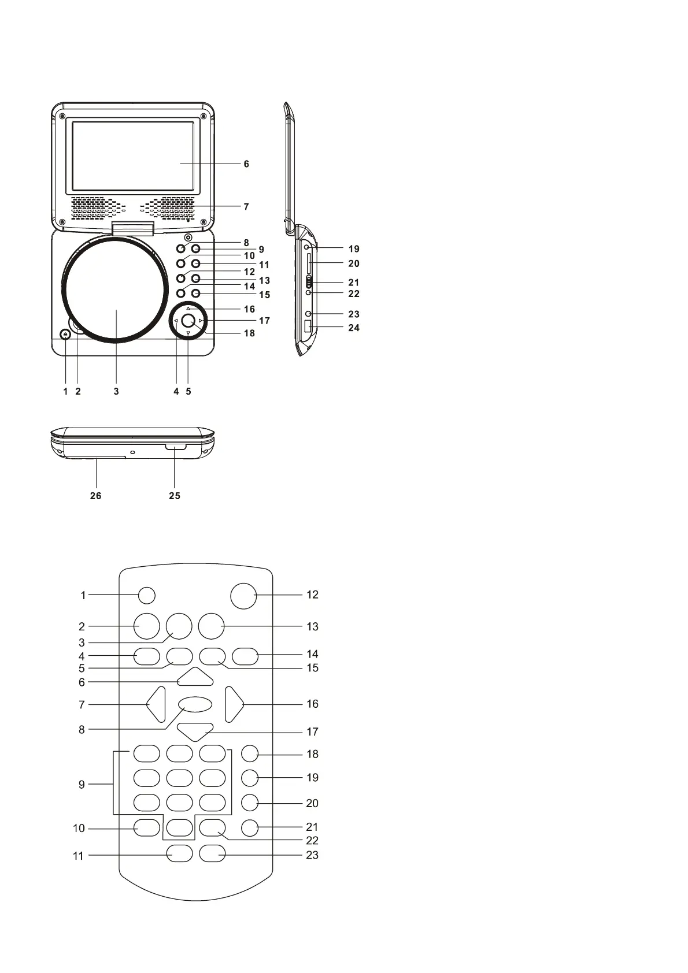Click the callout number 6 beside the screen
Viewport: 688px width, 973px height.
[246, 164]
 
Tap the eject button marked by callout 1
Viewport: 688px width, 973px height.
[66, 335]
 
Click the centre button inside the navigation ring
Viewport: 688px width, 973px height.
[187, 321]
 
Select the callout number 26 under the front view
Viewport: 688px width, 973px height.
[95, 496]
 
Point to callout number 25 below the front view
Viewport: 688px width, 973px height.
[175, 496]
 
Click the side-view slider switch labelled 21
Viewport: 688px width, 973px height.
[309, 282]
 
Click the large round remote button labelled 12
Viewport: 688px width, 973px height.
[243, 595]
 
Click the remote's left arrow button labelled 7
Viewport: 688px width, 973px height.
[157, 704]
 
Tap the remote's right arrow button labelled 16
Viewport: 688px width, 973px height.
[234, 704]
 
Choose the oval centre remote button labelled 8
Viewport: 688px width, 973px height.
[195, 704]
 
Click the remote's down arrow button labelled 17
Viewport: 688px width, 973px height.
[195, 731]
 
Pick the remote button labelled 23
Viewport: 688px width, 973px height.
[212, 854]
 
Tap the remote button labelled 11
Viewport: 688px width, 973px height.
[179, 854]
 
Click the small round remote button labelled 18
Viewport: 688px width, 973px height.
[250, 753]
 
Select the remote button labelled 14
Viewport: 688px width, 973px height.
[245, 656]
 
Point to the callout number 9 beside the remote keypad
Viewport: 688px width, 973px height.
[82, 785]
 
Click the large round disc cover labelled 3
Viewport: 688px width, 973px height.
[116, 291]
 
